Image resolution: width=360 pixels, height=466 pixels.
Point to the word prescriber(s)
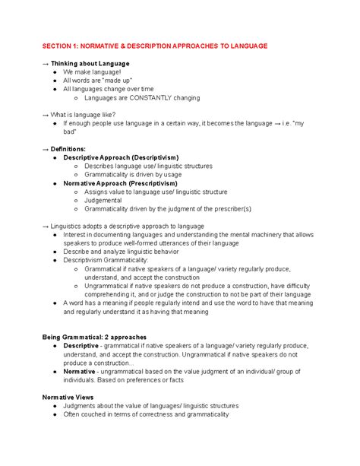pyautogui.click(x=226, y=209)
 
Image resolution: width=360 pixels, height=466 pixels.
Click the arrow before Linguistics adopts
pyautogui.click(x=46, y=227)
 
